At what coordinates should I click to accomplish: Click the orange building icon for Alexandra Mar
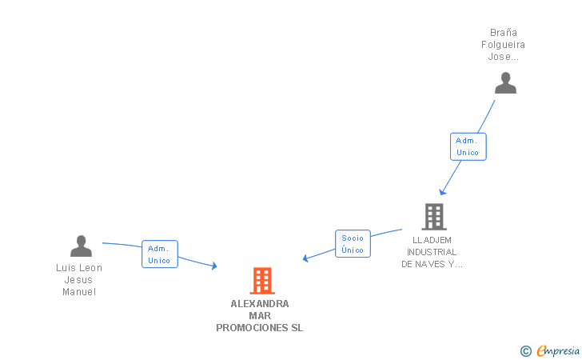click(x=262, y=281)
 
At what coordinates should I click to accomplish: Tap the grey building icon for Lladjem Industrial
click(x=433, y=216)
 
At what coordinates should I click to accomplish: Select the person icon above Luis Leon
click(x=81, y=246)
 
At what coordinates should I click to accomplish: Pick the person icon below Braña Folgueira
click(x=505, y=83)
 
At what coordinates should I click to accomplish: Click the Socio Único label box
click(x=352, y=244)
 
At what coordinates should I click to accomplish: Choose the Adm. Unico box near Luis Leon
click(x=159, y=254)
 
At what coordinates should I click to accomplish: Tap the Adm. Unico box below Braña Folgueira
click(x=468, y=146)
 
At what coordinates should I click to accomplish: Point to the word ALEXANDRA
click(x=260, y=304)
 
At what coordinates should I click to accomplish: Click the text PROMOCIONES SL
click(x=260, y=328)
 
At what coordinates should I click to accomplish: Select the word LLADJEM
click(x=433, y=240)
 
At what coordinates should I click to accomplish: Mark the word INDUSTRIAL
click(x=433, y=252)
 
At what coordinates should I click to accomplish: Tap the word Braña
click(x=503, y=33)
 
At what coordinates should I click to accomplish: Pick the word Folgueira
click(x=503, y=45)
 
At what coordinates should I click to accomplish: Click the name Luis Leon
click(x=79, y=268)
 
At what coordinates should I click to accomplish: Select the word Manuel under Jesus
click(x=79, y=292)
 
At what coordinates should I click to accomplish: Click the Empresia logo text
click(x=559, y=350)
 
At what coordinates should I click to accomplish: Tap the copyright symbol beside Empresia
click(x=525, y=350)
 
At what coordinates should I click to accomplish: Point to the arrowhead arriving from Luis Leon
click(x=214, y=266)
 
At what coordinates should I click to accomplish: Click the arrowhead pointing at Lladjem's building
click(x=442, y=192)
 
